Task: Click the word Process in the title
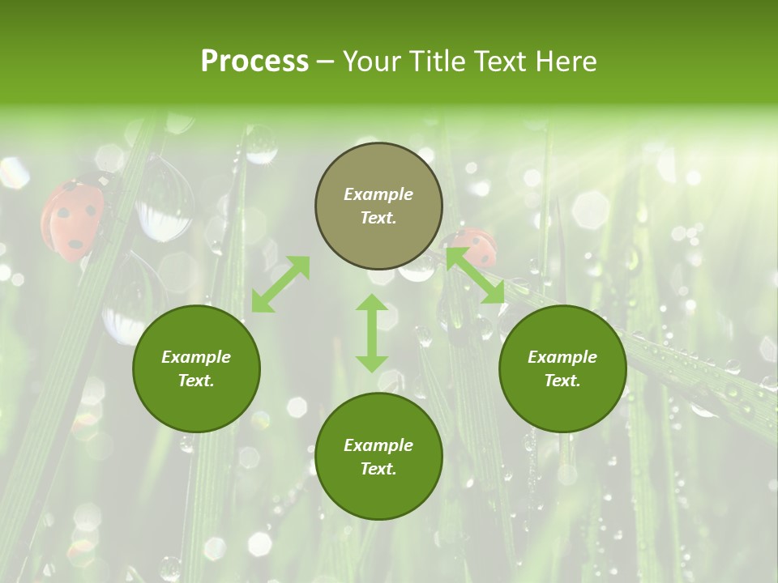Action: [x=254, y=62]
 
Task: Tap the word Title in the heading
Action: [x=441, y=62]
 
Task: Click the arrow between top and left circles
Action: [x=280, y=284]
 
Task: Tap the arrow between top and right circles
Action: [x=476, y=275]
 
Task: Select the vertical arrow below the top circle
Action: [x=371, y=333]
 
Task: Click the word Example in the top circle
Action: [x=378, y=194]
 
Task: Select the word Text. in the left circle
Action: [x=196, y=381]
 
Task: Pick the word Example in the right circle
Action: [x=562, y=357]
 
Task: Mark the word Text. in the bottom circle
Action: [x=378, y=469]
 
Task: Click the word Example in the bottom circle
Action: [x=378, y=445]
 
